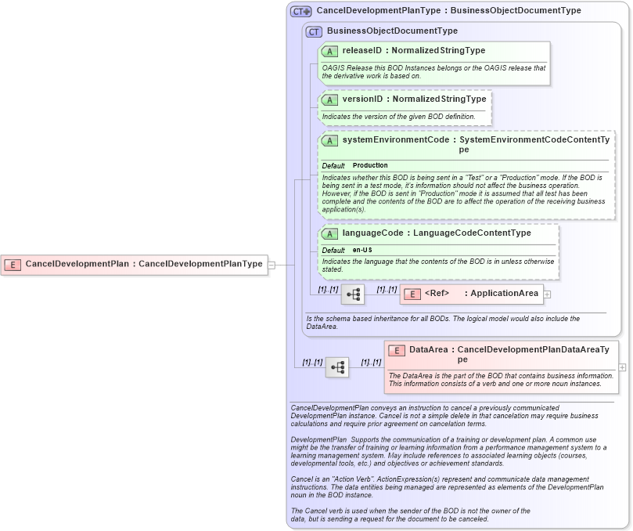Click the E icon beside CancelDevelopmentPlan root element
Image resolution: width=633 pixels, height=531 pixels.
pyautogui.click(x=13, y=265)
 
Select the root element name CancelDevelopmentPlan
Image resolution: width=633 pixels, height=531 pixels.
pyautogui.click(x=77, y=264)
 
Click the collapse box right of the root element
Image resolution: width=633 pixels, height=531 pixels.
pyautogui.click(x=272, y=265)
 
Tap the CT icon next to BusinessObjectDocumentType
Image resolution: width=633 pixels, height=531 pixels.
pyautogui.click(x=315, y=31)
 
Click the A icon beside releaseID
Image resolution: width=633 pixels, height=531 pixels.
pyautogui.click(x=330, y=51)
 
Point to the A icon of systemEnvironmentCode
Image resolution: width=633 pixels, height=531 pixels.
pyautogui.click(x=330, y=141)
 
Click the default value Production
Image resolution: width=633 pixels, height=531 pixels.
pyautogui.click(x=370, y=166)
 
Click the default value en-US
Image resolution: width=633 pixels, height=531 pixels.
pyautogui.click(x=362, y=250)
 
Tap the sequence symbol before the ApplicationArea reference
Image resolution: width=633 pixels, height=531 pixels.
pyautogui.click(x=353, y=294)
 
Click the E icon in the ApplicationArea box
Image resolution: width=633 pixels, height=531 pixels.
pyautogui.click(x=412, y=294)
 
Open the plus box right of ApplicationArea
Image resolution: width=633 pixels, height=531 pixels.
pyautogui.click(x=548, y=294)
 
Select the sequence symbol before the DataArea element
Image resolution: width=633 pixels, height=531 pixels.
pyautogui.click(x=337, y=367)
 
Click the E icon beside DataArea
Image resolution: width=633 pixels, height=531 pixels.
pyautogui.click(x=397, y=350)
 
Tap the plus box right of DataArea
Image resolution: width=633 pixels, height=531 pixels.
pyautogui.click(x=622, y=367)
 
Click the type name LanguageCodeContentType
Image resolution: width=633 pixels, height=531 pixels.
pyautogui.click(x=472, y=233)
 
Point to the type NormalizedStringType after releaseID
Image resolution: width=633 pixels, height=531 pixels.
pyautogui.click(x=438, y=51)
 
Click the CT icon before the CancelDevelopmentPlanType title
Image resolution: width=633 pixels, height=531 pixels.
pyautogui.click(x=300, y=12)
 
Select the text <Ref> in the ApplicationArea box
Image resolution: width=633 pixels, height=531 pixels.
pyautogui.click(x=437, y=294)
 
